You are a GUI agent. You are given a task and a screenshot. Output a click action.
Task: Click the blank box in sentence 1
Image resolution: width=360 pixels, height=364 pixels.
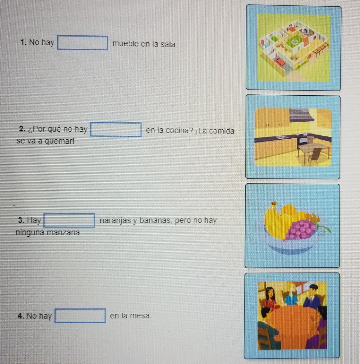point(82,43)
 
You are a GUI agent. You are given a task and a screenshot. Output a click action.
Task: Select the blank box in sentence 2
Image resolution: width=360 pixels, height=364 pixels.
point(116,130)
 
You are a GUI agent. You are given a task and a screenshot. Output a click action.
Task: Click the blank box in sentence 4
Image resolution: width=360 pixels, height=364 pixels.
point(80,316)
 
